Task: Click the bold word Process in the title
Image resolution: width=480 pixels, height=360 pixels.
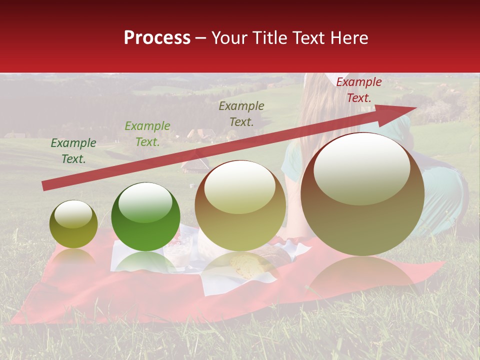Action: click(x=157, y=38)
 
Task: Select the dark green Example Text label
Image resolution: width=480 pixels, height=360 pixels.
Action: click(x=73, y=151)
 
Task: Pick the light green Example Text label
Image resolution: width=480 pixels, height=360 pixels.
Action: click(x=147, y=133)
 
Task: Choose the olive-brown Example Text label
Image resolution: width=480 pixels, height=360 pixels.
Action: click(x=241, y=113)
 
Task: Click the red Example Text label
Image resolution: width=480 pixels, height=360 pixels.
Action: click(x=358, y=90)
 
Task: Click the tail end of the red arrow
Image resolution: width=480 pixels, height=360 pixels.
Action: click(x=45, y=186)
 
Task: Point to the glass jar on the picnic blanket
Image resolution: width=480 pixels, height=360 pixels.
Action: click(x=178, y=250)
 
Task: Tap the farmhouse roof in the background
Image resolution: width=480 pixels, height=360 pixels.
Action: click(x=200, y=134)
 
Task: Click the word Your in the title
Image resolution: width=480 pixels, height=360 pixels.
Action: click(x=229, y=38)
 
